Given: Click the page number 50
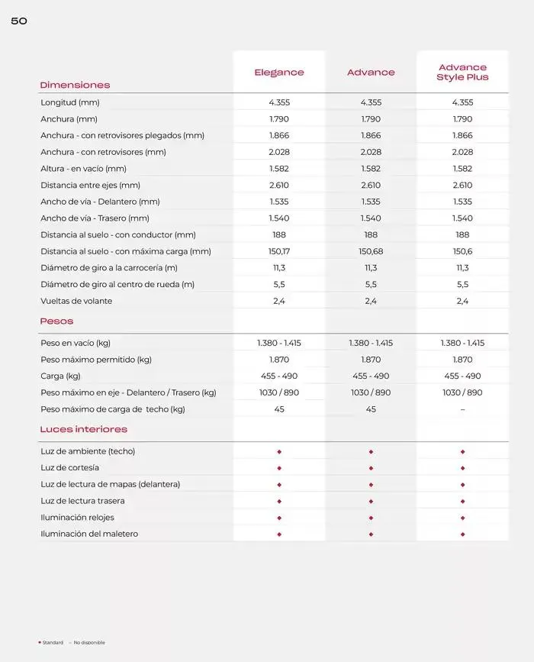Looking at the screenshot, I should pyautogui.click(x=19, y=21).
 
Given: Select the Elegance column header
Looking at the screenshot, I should pyautogui.click(x=279, y=73).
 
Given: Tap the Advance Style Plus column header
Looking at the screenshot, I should pyautogui.click(x=462, y=73).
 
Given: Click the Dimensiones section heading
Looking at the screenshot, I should pyautogui.click(x=75, y=85).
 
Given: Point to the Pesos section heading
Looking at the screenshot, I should pyautogui.click(x=56, y=321).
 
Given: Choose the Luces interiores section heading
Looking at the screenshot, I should pyautogui.click(x=84, y=430).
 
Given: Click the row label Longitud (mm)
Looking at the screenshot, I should pyautogui.click(x=70, y=102).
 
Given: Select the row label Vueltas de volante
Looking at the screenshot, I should pyautogui.click(x=76, y=301).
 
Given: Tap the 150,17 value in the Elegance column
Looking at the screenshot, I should pyautogui.click(x=279, y=251).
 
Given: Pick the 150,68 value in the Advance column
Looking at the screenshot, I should pyautogui.click(x=371, y=251).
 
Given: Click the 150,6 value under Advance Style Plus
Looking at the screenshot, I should pyautogui.click(x=462, y=251).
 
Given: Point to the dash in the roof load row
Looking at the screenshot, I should pyautogui.click(x=462, y=409).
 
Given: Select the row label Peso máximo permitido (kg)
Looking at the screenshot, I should pyautogui.click(x=96, y=360).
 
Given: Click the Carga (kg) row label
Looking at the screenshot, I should pyautogui.click(x=60, y=376).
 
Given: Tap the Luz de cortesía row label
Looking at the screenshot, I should pyautogui.click(x=70, y=468).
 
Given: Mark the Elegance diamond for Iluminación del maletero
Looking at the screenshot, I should pyautogui.click(x=279, y=534).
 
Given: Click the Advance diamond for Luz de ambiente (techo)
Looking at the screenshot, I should pyautogui.click(x=371, y=451).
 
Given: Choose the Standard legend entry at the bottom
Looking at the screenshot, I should pyautogui.click(x=53, y=643).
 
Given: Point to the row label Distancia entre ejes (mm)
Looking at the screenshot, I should pyautogui.click(x=90, y=186).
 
